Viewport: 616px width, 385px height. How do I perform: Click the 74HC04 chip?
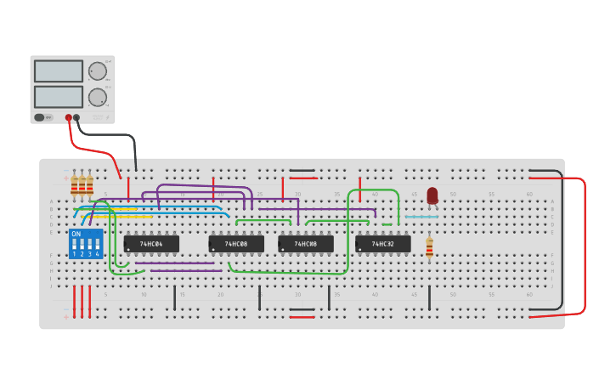pos(151,244)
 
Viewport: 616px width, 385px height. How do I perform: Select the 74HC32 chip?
pos(382,244)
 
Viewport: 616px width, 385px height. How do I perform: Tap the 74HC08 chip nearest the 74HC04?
pos(235,244)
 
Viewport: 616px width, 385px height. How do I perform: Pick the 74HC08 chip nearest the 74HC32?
pos(305,244)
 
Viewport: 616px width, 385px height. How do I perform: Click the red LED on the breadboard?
pos(432,195)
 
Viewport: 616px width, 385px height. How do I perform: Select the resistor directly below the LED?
pos(429,247)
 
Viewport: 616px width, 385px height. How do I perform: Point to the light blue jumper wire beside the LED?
pos(421,217)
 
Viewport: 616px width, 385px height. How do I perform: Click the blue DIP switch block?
pos(86,244)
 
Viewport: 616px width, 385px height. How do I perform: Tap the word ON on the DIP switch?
pos(76,234)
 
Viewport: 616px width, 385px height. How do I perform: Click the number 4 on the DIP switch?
pos(98,254)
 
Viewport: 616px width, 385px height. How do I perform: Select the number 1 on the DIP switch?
pos(74,254)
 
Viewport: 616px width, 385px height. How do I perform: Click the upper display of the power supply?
pos(59,71)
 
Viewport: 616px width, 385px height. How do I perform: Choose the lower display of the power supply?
pos(59,97)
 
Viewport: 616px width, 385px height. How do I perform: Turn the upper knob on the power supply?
pos(98,71)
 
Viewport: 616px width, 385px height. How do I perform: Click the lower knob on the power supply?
pos(98,97)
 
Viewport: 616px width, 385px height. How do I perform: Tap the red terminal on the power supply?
pos(69,118)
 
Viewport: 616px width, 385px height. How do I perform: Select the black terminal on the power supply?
pos(76,118)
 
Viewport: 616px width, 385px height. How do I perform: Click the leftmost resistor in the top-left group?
pos(75,184)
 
